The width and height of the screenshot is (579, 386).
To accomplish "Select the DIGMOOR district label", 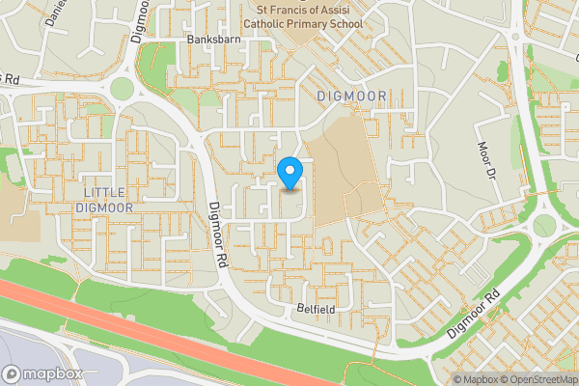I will click(351, 96).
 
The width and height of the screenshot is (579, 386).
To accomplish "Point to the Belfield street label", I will click(315, 311).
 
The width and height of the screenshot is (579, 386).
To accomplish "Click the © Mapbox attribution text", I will click(475, 379).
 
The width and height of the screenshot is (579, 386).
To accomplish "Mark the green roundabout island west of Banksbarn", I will click(122, 89).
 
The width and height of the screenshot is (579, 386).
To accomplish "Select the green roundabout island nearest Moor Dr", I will click(544, 225).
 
